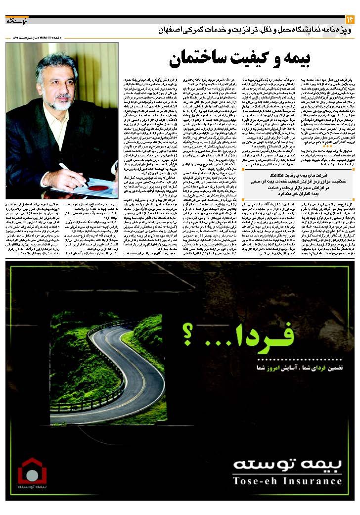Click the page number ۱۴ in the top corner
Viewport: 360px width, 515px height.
[x=351, y=19]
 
